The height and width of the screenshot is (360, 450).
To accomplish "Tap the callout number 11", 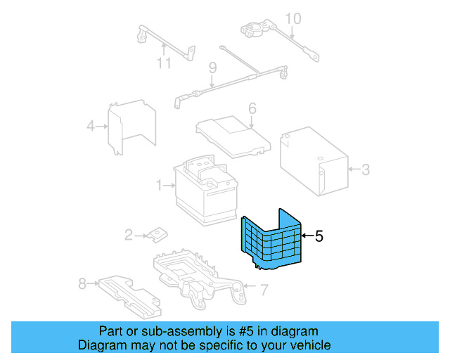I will (163, 65).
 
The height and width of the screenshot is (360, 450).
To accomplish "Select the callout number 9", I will (210, 67).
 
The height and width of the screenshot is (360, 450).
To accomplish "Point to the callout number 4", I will (91, 127).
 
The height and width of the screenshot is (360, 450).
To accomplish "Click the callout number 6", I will (252, 108).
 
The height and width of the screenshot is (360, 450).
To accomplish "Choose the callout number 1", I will (160, 186).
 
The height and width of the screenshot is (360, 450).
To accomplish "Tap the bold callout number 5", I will (319, 236).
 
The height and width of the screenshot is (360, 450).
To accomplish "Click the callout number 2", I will (128, 235).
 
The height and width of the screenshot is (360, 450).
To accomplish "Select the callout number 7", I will (264, 288).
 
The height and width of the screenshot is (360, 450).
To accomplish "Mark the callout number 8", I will (82, 283).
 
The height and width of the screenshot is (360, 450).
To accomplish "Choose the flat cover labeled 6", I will (232, 134).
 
